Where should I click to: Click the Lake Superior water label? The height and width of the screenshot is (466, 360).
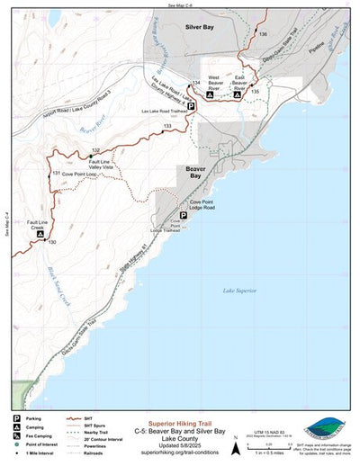pos(238,290)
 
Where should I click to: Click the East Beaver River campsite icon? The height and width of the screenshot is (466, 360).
pos(237,93)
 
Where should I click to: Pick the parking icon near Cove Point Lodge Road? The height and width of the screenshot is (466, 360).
pos(184,216)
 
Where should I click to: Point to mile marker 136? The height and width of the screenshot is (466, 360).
pos(262,33)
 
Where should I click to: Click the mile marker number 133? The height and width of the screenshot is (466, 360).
pos(167,127)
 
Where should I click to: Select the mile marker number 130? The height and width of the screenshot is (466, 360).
pos(51,242)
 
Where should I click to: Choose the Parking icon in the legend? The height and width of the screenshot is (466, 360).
pos(16,418)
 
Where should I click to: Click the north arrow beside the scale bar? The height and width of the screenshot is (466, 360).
pos(236,442)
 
